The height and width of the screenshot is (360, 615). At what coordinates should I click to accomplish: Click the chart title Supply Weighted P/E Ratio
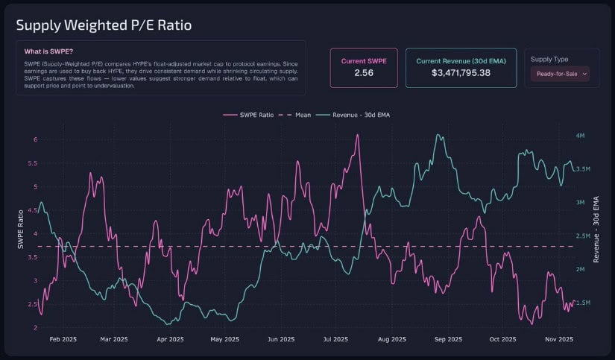coord(104,25)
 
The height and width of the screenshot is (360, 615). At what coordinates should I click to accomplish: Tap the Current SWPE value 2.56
coord(363,73)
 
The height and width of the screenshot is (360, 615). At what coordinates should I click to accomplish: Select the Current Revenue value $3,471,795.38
coord(461,73)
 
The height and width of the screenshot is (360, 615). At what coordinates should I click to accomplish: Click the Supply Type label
coord(551,59)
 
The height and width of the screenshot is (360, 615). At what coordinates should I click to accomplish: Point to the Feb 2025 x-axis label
coord(63,339)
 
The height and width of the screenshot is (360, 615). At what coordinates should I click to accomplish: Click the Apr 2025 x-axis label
coord(170,339)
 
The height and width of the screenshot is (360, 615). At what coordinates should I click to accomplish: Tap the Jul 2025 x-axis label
coord(335,339)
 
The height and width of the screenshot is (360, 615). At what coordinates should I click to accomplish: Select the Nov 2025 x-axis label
coord(558,339)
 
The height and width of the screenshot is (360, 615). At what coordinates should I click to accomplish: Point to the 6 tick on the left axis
coord(35,139)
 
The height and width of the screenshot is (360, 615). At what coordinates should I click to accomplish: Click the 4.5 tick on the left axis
coord(32,210)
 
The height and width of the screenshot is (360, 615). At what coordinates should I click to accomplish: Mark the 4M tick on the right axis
coord(581,136)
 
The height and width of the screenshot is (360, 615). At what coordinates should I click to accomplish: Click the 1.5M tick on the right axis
coord(583,303)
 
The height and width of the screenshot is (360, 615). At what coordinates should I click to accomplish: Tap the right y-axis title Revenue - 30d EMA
coord(596,230)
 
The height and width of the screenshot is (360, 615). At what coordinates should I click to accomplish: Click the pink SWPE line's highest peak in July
coord(359,135)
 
